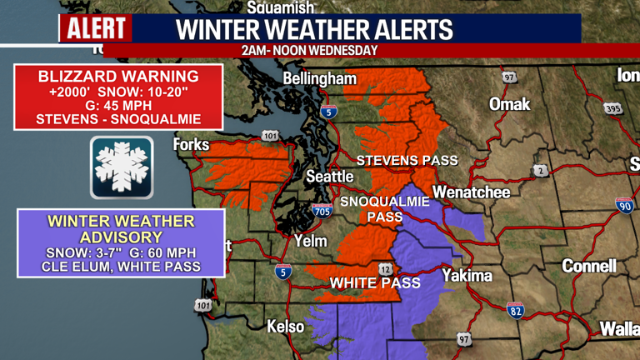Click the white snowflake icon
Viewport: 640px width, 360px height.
(x=122, y=167)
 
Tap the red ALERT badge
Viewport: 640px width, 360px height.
(x=96, y=29)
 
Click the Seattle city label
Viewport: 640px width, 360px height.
(x=330, y=177)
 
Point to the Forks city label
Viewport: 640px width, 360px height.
(x=190, y=145)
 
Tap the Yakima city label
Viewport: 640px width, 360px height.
(x=467, y=275)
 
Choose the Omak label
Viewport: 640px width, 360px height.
(x=509, y=105)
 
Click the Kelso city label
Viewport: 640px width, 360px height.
(x=285, y=327)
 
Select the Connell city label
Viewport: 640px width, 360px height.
(x=589, y=266)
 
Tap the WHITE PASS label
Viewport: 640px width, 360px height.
(x=375, y=283)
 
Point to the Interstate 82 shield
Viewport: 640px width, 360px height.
(x=516, y=310)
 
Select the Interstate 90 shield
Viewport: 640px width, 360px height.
(x=623, y=205)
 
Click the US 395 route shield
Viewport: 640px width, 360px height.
(x=614, y=109)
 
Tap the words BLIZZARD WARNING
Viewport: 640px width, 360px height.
(x=118, y=76)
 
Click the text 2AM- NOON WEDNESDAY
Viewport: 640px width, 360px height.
(x=309, y=50)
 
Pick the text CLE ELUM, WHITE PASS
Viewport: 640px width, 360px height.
(x=121, y=267)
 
